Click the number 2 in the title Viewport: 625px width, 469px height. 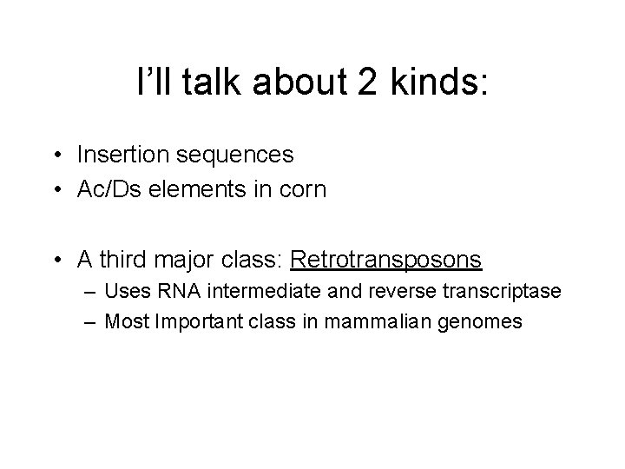point(359,83)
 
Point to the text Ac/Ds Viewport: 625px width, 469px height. point(103,188)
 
